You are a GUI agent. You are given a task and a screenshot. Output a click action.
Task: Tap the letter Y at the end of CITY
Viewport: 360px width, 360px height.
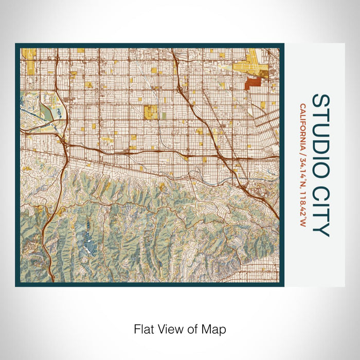click(320, 230)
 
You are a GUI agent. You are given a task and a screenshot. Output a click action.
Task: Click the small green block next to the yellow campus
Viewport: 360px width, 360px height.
click(164, 116)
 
